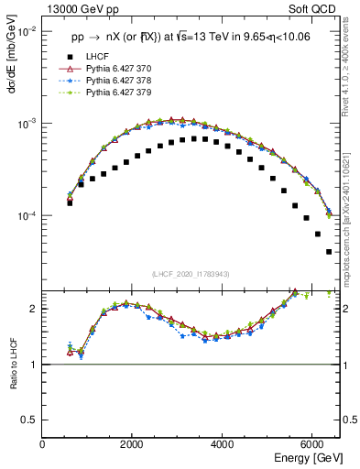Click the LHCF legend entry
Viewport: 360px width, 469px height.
95,56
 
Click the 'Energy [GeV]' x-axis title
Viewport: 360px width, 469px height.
309,457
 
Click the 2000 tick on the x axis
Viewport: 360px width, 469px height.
132,444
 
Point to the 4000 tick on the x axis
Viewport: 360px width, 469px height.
222,444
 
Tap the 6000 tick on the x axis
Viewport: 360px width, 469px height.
311,444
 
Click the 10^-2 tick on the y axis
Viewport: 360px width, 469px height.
27,31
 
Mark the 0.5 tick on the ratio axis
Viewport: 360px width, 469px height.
32,420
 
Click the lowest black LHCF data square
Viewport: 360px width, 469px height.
329,251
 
